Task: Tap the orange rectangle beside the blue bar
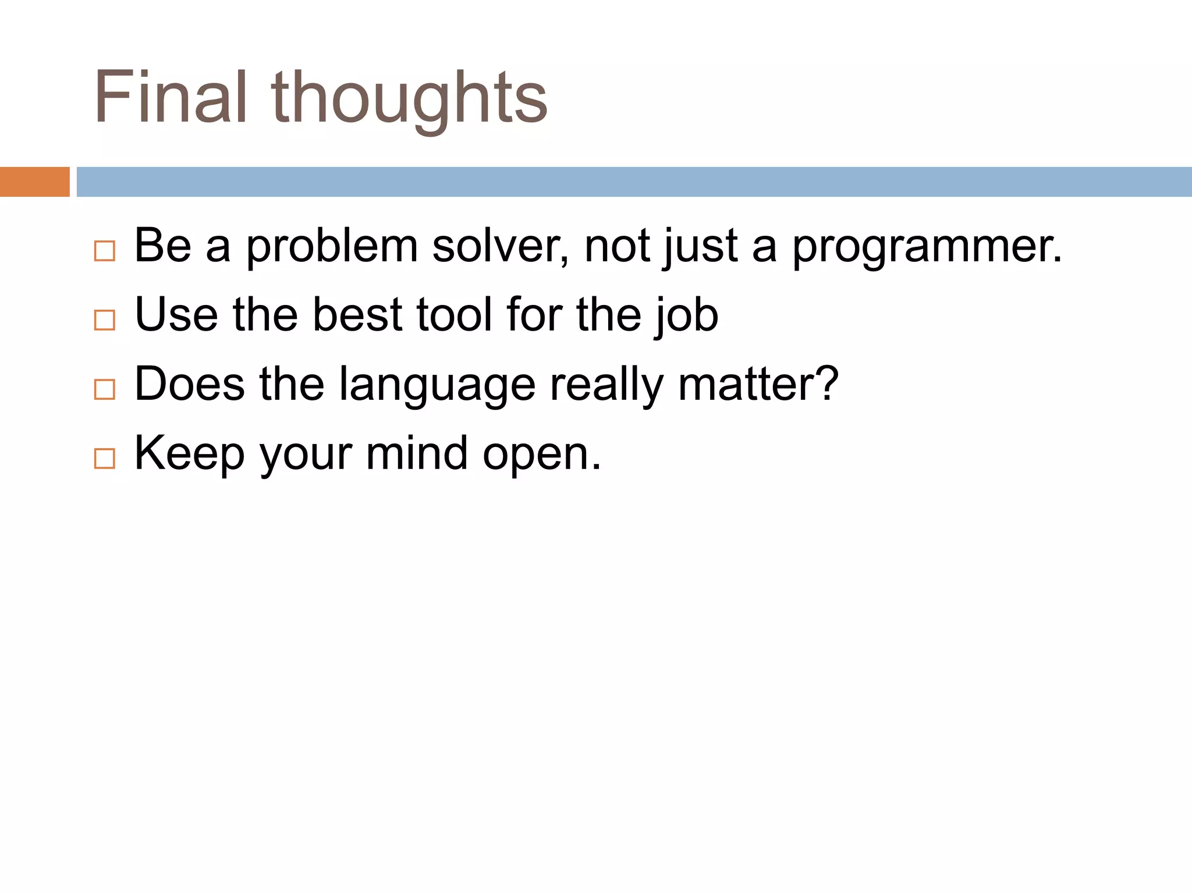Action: tap(34, 182)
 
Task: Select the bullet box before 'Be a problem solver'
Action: tap(104, 251)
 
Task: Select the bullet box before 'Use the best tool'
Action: tap(104, 320)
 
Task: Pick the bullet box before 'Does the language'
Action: tap(104, 389)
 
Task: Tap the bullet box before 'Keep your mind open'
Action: tap(104, 459)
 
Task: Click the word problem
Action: tap(332, 247)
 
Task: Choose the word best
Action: tap(357, 314)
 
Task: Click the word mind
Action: tap(417, 453)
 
